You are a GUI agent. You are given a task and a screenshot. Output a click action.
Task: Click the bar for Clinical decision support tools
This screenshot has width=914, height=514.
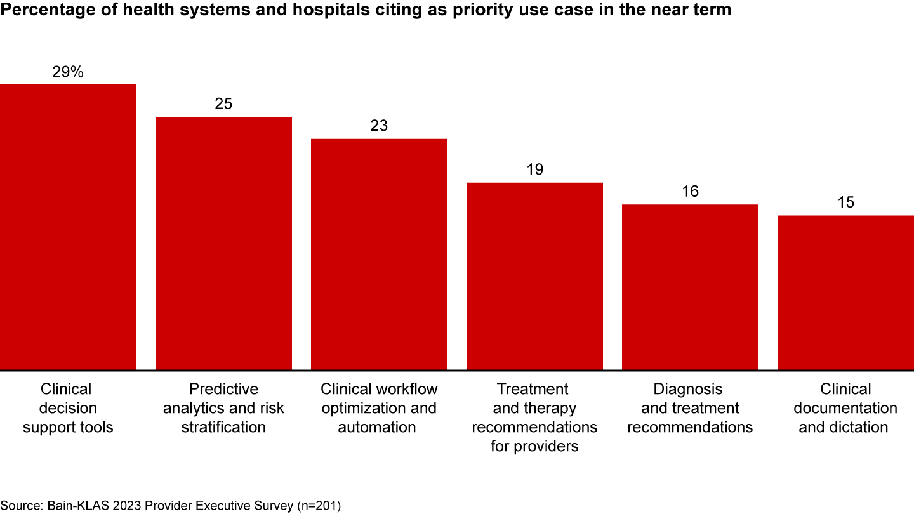coord(68,227)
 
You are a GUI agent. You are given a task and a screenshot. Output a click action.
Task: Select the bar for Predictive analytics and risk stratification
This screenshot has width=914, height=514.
coord(223,243)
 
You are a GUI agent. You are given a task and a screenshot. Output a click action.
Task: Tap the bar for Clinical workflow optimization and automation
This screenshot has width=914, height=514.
coord(379,254)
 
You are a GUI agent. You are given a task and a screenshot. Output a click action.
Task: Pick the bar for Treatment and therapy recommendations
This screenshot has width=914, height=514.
coord(534,276)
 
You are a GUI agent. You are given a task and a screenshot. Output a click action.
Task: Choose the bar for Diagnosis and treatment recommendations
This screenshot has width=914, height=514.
coord(690,287)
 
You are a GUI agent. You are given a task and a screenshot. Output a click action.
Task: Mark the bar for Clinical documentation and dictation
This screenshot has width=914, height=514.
coord(845,293)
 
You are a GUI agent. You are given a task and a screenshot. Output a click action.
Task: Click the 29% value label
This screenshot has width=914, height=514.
coord(68,72)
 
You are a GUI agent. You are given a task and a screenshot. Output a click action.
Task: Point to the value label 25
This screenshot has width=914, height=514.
coord(223,104)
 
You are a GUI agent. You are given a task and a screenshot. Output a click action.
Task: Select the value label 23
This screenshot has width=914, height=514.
coord(379,126)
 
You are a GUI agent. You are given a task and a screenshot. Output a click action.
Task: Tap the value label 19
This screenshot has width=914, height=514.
coord(534,169)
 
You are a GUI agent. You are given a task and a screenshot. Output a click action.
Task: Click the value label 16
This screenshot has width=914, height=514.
coord(690,192)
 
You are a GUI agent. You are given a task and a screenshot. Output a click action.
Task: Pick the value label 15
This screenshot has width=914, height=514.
coord(845,202)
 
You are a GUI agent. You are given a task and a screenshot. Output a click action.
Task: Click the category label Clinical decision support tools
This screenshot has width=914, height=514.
coord(68,408)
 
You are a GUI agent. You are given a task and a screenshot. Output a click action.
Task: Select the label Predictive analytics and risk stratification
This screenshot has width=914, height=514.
coord(223,408)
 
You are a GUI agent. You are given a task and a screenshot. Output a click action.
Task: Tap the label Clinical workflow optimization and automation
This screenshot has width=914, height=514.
coord(379,408)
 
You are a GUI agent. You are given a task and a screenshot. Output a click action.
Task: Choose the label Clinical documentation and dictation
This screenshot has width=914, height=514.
coord(845,408)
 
